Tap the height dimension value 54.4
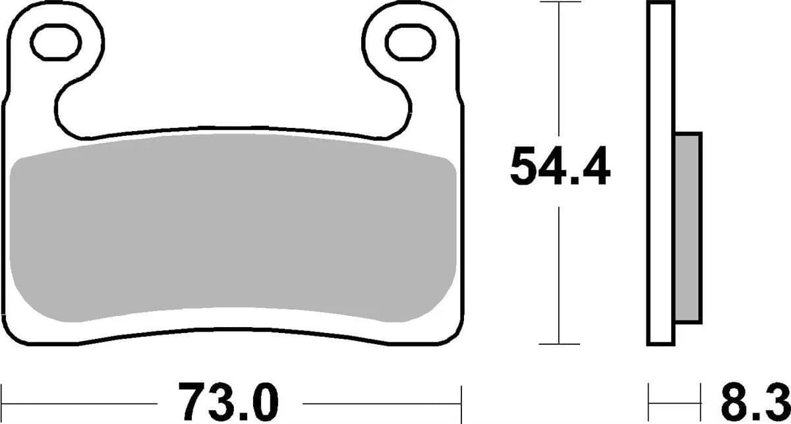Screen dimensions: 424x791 click(560, 169)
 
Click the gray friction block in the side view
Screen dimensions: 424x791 click(689, 228)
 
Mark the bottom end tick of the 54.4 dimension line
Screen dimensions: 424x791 click(560, 344)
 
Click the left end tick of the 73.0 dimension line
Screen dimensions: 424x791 click(2, 402)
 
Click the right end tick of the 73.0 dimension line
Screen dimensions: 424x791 click(461, 402)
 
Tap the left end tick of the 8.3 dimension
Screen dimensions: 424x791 click(649, 402)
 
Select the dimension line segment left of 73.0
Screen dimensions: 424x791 click(79, 402)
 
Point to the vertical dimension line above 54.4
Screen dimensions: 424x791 click(560, 66)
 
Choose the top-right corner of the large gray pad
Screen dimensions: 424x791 click(448, 165)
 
